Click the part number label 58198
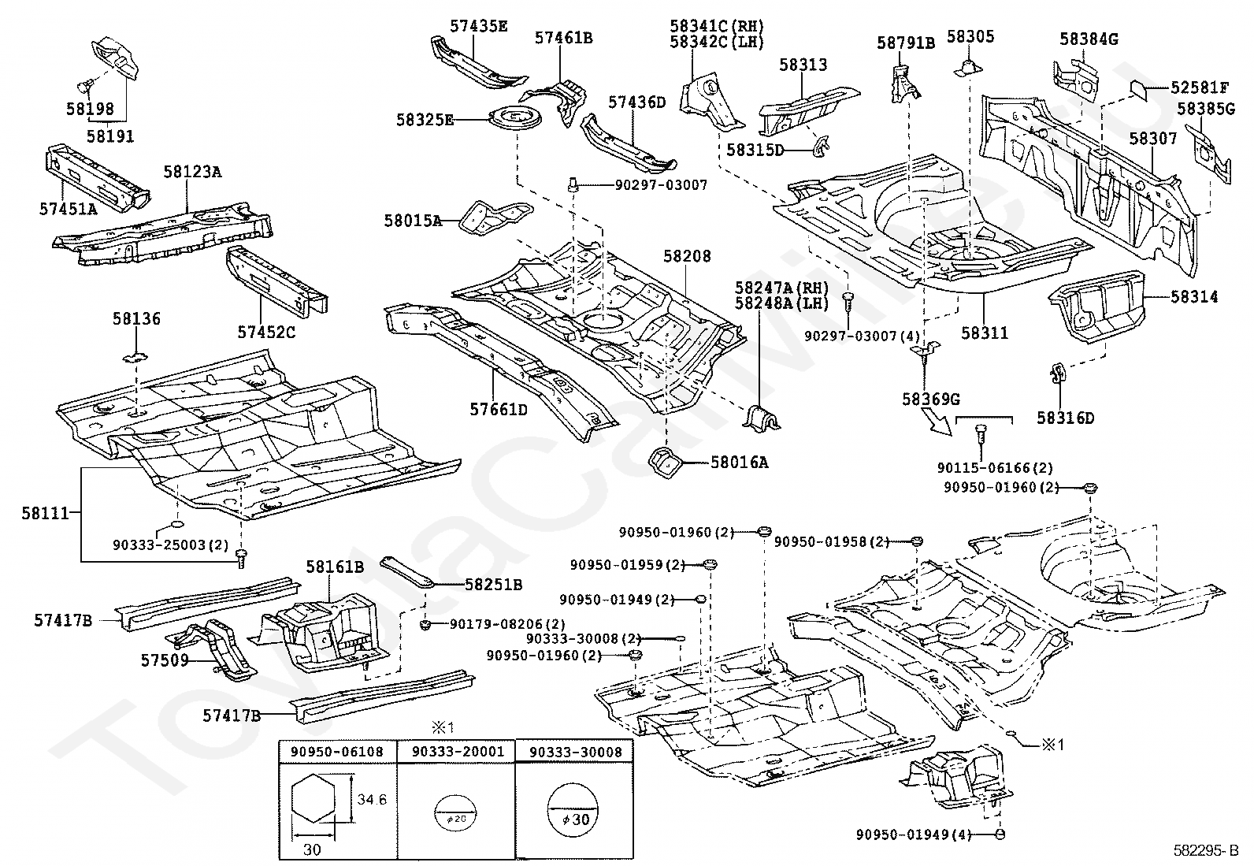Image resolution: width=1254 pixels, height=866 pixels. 90,110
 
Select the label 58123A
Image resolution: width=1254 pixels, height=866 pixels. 192,171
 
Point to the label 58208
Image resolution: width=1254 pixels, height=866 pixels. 686,256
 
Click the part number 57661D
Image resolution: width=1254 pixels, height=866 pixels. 499,410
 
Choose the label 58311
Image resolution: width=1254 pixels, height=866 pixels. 984,333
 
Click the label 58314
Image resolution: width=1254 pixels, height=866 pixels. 1193,297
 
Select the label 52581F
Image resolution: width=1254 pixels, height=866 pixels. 1199,87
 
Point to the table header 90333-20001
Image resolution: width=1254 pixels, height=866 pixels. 457,752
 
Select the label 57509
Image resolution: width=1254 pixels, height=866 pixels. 165,660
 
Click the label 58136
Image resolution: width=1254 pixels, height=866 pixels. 135,319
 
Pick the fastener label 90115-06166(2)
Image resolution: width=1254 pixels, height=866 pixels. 995,467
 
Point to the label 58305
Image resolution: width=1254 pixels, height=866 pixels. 970,36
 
